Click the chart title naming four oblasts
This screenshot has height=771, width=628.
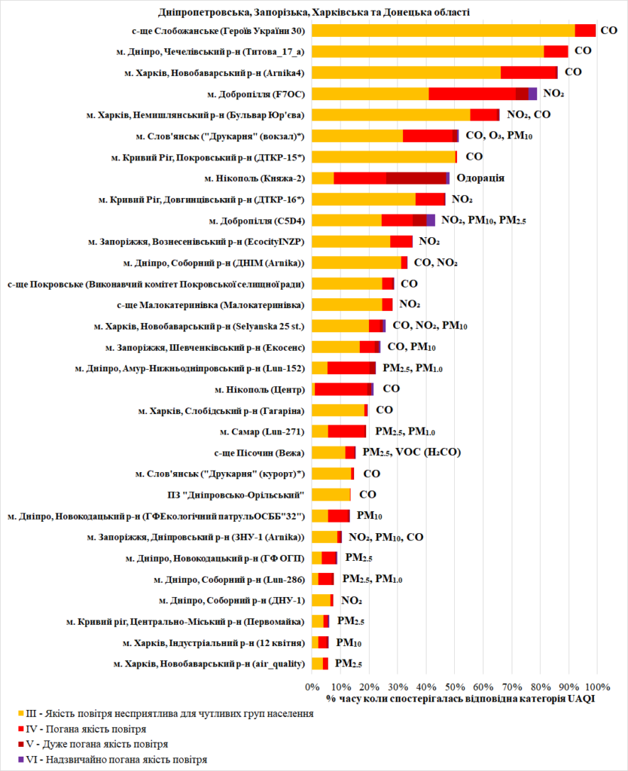(314, 11)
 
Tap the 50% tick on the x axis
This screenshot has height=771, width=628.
(454, 687)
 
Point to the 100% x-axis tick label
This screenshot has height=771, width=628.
(596, 687)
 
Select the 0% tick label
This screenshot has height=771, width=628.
(312, 687)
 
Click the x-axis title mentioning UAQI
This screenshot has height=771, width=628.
(461, 699)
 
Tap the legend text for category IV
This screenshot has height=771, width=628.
(86, 729)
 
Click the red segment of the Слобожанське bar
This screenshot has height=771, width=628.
(585, 30)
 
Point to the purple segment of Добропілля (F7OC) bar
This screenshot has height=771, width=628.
(532, 93)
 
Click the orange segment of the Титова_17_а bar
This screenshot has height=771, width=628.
(427, 51)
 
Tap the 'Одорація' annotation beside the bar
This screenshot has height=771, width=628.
(480, 178)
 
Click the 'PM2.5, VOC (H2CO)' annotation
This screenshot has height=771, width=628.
(411, 453)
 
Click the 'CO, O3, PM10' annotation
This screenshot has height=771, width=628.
(500, 136)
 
